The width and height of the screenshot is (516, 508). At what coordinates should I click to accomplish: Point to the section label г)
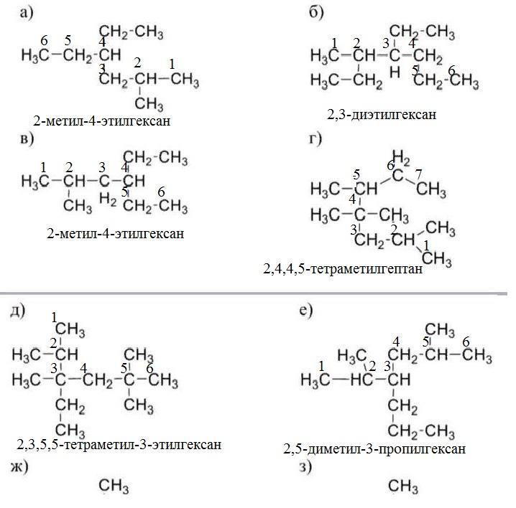pos(315,138)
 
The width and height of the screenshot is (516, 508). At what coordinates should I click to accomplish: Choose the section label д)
pos(18,310)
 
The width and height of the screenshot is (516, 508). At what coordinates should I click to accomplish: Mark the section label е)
pos(306,310)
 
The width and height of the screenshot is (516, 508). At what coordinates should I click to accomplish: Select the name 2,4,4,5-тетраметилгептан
pos(342,271)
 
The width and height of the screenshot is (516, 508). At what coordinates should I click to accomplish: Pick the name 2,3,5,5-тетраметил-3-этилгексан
pos(119,445)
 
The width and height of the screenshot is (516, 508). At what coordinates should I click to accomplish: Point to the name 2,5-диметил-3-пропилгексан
pos(374,449)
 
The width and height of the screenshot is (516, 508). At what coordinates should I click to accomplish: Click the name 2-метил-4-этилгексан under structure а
pos(101,120)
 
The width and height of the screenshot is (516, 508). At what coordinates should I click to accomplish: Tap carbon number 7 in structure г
pos(418,173)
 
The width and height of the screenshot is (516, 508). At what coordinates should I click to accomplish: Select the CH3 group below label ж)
pos(114,489)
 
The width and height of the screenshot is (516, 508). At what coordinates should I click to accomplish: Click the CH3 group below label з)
pos(402,488)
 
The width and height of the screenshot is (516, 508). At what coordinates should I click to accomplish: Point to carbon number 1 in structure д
pos(55,316)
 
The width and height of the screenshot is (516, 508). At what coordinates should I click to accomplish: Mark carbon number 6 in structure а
pos(45,40)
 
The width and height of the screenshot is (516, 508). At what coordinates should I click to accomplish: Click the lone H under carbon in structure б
pos(394,72)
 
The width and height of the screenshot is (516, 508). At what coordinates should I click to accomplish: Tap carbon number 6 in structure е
pos(466,341)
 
